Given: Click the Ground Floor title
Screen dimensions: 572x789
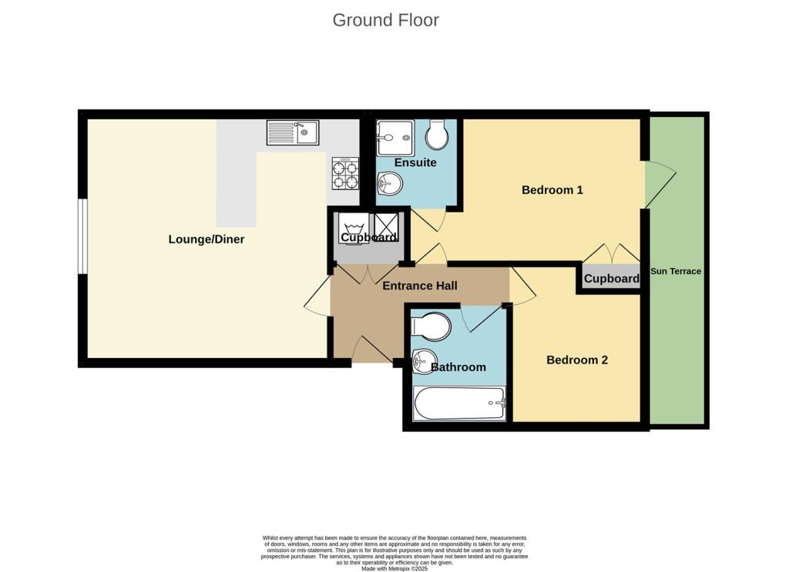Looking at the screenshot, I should click(385, 20).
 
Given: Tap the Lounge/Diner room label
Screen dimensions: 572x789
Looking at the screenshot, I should click(206, 239).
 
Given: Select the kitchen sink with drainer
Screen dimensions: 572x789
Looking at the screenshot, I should click(293, 133).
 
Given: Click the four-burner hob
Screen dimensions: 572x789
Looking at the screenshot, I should click(345, 174).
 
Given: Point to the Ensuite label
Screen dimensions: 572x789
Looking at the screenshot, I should click(415, 162).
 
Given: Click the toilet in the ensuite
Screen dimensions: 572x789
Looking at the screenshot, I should click(437, 135).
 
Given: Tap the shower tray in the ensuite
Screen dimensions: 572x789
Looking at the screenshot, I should click(395, 138).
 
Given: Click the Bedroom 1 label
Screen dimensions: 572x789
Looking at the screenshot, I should click(552, 190).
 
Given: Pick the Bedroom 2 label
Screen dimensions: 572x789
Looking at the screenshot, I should click(577, 360).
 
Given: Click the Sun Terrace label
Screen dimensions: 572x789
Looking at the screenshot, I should click(676, 271).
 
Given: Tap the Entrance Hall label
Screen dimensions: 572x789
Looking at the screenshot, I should click(420, 286).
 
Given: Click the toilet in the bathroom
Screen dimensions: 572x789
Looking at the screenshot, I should click(430, 326).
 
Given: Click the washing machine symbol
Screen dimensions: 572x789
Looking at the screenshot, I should click(354, 228).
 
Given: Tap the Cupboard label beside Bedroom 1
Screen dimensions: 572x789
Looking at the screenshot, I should click(612, 279).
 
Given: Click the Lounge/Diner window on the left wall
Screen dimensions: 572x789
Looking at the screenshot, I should click(82, 236).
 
